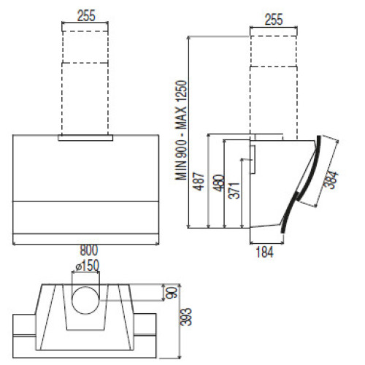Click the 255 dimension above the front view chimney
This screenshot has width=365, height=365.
click(86, 16)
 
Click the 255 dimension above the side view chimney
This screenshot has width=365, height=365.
click(274, 20)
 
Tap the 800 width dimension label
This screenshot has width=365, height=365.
click(89, 250)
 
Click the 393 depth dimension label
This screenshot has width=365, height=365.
click(187, 317)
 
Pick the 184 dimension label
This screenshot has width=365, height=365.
click(264, 252)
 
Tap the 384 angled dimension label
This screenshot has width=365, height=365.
click(331, 180)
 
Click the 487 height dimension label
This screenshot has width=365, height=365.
click(199, 182)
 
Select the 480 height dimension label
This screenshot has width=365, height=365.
click(219, 183)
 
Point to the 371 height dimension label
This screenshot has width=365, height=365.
click(235, 191)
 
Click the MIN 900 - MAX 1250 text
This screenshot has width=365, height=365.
click(182, 131)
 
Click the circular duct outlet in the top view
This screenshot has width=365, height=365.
click(85, 300)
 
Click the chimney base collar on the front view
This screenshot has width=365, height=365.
click(85, 138)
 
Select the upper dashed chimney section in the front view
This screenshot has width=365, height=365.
click(85, 47)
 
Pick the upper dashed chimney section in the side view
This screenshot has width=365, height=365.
click(274, 51)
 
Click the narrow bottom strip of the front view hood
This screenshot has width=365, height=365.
click(85, 239)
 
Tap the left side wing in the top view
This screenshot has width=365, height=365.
click(24, 336)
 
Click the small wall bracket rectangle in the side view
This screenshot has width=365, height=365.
click(253, 160)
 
